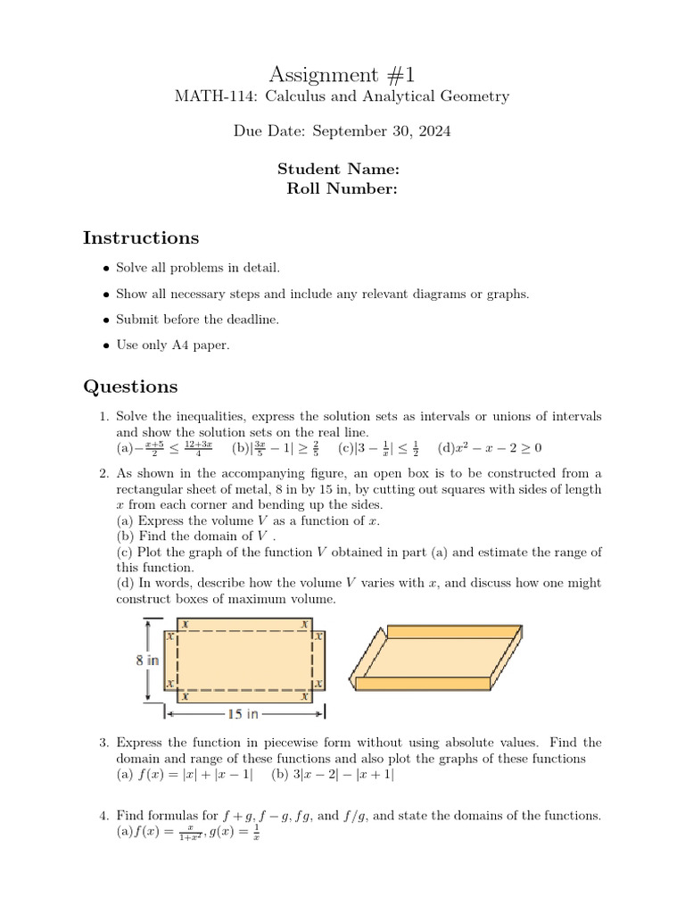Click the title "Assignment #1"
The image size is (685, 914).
point(342,74)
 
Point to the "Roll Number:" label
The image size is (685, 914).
point(342,188)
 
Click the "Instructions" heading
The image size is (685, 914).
point(141,237)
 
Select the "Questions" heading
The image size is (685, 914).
point(130,386)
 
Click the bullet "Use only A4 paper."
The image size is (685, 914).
point(173,345)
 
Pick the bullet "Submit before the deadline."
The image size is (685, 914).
point(197,319)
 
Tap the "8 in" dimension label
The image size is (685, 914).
point(147,661)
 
